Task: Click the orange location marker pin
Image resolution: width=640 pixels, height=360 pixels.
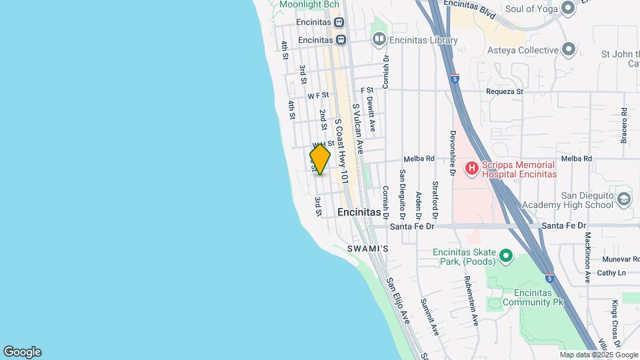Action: coord(320,159)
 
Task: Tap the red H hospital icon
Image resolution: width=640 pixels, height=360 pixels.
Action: coord(471,167)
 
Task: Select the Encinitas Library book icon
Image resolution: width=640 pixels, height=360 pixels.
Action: coord(379,40)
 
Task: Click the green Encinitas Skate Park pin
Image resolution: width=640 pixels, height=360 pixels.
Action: coord(506,255)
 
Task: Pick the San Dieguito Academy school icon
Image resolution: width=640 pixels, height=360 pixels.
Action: coord(623,199)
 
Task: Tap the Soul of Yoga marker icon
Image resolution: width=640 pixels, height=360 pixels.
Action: coord(568,8)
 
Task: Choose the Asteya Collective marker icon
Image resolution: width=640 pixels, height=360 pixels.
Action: coord(568,49)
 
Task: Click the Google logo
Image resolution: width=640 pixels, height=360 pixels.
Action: coord(22,352)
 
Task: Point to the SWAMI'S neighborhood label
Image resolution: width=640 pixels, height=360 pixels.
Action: coord(367,249)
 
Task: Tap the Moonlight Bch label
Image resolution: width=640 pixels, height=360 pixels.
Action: coord(309,5)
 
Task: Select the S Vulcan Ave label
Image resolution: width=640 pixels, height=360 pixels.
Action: coord(358,129)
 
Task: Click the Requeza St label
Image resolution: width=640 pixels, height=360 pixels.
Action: coord(505,91)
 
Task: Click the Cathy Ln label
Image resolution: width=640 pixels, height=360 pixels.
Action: coord(611,273)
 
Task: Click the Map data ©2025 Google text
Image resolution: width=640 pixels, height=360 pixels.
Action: coord(589,355)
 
